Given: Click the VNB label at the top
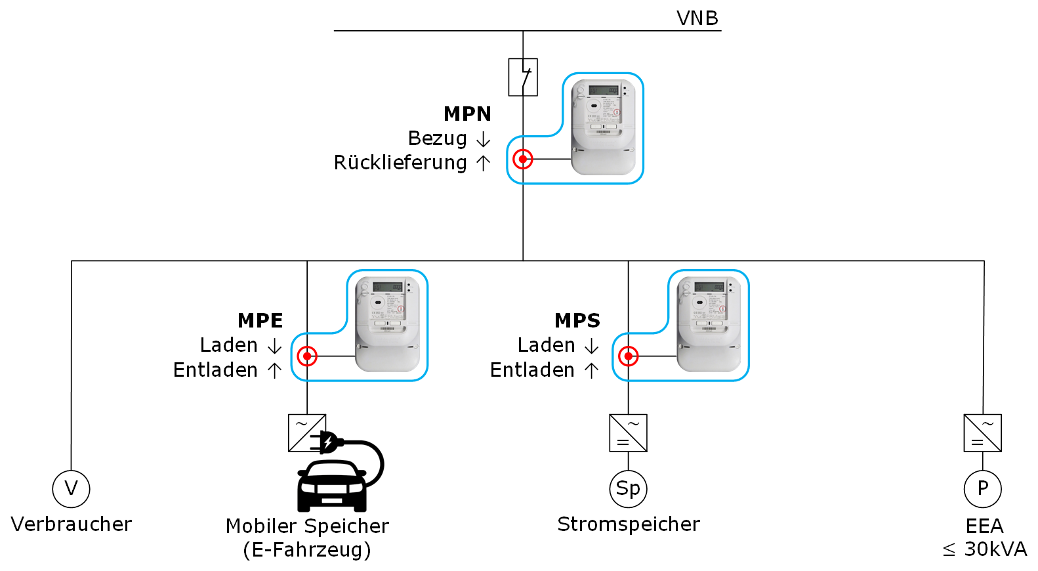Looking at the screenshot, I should pos(697,18).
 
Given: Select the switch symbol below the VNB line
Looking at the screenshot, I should pos(523,77).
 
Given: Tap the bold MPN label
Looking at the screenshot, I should pos(467,114).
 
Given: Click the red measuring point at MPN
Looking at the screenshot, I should pos(523,159).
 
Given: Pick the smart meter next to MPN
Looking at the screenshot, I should pos(603,127).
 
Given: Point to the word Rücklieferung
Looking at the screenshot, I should pos(400,163).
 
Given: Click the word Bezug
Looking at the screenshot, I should pos(437,138).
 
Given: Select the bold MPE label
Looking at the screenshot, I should pos(260,321).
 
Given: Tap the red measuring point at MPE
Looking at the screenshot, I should pos(307,356).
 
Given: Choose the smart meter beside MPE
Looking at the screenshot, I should pos(387,324).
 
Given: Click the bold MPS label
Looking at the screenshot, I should pos(577,321).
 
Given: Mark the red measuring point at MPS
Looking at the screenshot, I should pos(629,356).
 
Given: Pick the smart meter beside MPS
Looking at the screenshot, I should pos(709,324).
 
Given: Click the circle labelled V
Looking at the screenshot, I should pos(71,489).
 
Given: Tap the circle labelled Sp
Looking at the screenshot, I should pos(629,489).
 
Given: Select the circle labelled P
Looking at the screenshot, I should pos(983,489).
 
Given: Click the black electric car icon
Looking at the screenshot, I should pos(332,486).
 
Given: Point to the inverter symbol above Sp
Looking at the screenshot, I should pos(629,433).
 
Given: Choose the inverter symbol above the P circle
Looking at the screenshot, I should pos(983,433).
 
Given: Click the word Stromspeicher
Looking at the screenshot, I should pos(629,524).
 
